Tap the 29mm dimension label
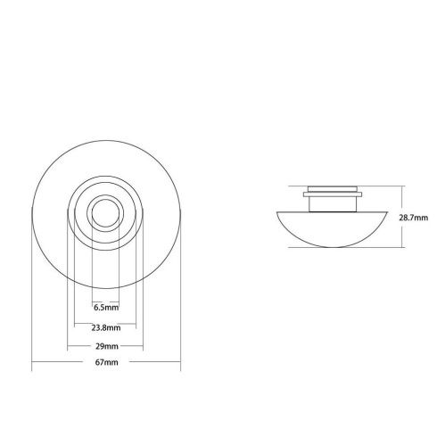(x=105, y=345)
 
